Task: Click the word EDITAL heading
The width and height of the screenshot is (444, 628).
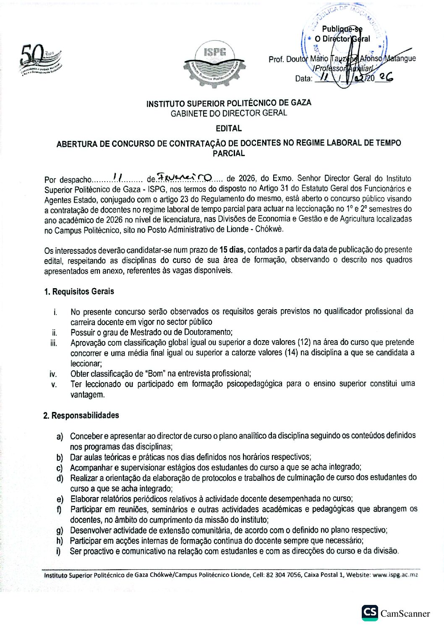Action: (229, 128)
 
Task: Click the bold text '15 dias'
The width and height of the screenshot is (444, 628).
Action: (232, 250)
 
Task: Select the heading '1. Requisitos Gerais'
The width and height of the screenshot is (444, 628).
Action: (79, 292)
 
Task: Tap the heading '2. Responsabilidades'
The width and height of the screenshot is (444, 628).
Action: (81, 415)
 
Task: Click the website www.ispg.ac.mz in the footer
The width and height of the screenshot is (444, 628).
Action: (395, 575)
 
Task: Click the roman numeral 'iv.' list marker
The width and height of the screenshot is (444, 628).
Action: (53, 374)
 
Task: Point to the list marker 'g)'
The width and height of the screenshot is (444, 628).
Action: (60, 531)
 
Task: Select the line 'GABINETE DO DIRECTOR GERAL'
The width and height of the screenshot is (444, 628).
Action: (229, 113)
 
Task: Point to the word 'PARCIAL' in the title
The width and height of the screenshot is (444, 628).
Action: (229, 153)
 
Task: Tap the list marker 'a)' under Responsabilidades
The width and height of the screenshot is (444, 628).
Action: (60, 436)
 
